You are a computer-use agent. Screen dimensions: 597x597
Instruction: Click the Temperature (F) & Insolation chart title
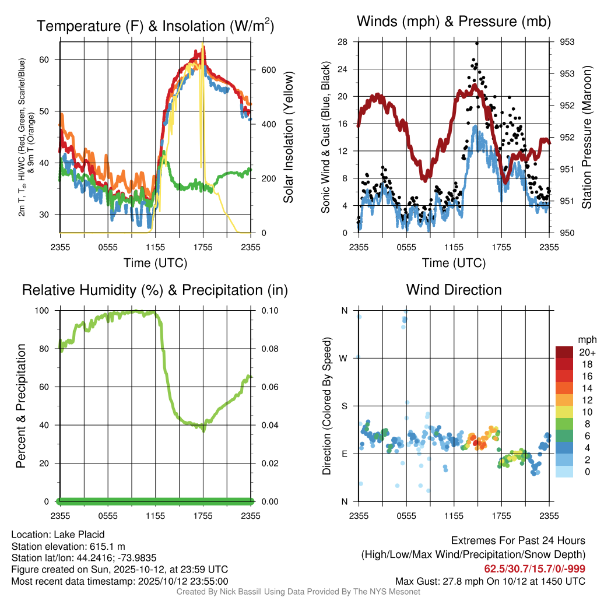(x=156, y=26)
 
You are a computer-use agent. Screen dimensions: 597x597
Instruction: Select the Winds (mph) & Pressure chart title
(x=454, y=22)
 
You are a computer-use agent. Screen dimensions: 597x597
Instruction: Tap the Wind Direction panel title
(x=454, y=290)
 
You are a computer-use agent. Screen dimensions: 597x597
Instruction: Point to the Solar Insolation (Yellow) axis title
(x=288, y=138)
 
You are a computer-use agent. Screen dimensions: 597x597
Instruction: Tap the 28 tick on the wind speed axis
(x=343, y=42)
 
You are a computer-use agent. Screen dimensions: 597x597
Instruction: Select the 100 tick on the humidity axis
(x=47, y=310)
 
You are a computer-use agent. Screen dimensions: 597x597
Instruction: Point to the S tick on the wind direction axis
(x=344, y=406)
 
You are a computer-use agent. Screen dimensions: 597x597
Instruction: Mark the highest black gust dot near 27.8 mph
(x=476, y=43)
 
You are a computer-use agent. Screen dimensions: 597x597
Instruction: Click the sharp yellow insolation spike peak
(x=203, y=44)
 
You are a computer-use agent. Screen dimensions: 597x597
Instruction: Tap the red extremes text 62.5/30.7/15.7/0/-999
(x=535, y=569)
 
